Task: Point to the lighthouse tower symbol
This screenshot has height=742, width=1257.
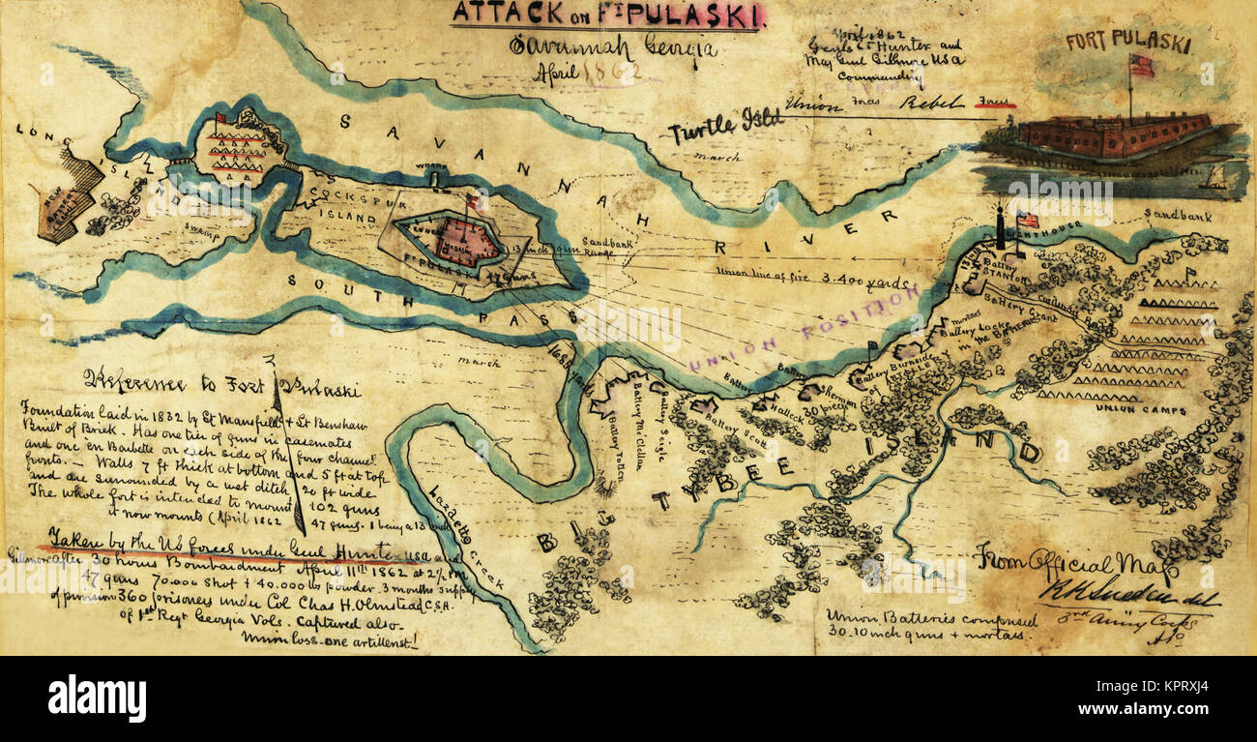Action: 1001,229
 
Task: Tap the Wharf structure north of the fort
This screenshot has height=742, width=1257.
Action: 436,174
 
